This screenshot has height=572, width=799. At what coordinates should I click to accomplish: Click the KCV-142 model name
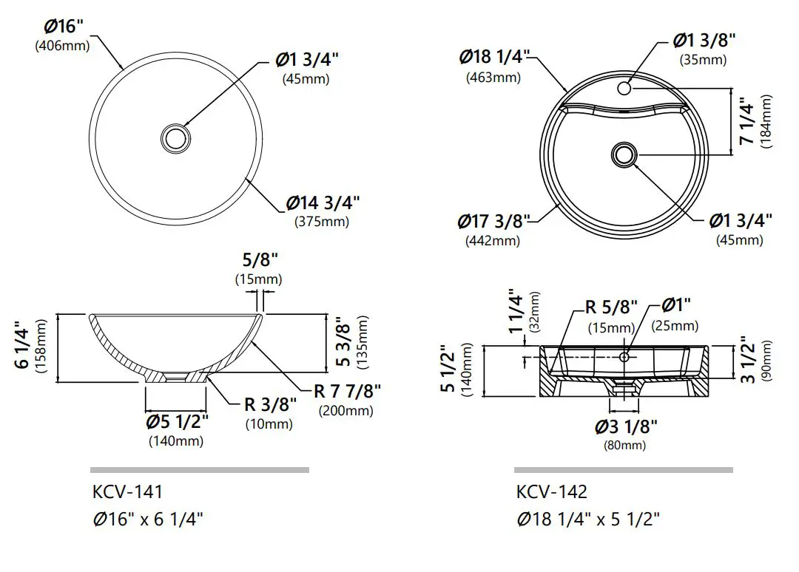(551, 491)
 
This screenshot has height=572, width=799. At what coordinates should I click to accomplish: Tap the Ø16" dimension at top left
(64, 26)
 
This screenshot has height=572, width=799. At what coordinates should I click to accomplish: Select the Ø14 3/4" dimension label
(323, 202)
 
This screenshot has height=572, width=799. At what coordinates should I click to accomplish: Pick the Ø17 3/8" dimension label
(493, 220)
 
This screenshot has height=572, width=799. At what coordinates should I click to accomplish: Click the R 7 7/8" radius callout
(347, 391)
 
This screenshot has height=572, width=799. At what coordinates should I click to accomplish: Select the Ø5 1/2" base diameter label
(177, 421)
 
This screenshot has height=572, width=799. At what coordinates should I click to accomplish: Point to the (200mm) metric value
(345, 411)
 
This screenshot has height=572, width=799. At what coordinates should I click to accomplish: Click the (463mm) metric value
(493, 77)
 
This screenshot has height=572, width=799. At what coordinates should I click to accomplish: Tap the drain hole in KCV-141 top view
(176, 137)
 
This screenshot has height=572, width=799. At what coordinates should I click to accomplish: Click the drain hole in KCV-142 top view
(624, 154)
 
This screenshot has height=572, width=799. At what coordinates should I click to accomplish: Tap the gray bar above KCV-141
(199, 469)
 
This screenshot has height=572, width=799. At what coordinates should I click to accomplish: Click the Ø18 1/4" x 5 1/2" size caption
(587, 519)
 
